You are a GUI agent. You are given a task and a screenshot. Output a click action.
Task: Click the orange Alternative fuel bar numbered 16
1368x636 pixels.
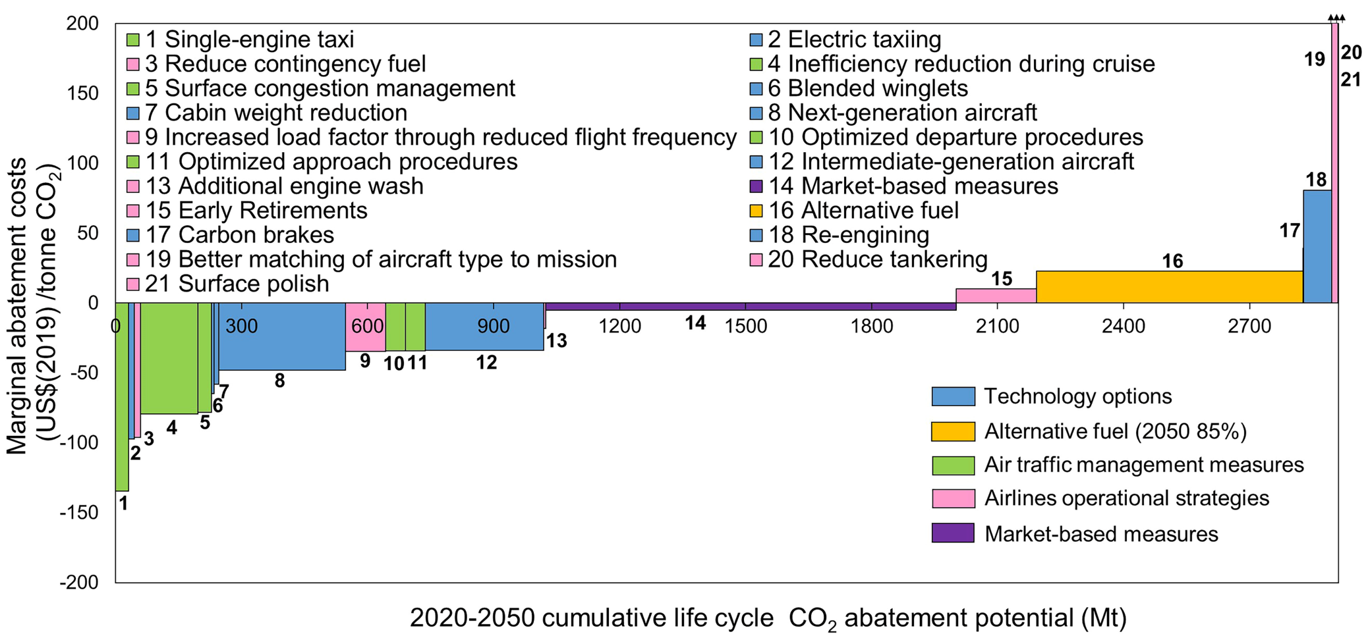coord(1169,287)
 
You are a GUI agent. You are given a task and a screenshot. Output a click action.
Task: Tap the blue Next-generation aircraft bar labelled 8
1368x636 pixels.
coord(281,336)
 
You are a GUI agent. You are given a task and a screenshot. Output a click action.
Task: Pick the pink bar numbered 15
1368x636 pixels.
coord(996,296)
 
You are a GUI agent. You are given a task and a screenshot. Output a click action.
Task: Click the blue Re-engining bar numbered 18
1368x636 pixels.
coord(1317,247)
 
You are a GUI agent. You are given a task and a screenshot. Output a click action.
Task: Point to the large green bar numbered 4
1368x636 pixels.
coord(169,358)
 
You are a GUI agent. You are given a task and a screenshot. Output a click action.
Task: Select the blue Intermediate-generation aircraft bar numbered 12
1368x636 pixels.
coord(484,327)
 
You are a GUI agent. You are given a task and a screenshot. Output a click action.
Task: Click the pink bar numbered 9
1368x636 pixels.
coord(365,327)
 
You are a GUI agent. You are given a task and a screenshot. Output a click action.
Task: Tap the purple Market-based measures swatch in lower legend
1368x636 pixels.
coord(953,533)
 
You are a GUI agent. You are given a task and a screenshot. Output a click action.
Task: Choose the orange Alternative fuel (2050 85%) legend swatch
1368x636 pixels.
coord(953,431)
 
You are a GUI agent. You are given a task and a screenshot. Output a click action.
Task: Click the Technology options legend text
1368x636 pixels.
coord(1077,396)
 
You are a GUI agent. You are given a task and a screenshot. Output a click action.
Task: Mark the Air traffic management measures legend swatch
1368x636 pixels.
coord(953,465)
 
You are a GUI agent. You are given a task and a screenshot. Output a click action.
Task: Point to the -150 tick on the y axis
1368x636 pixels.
coord(79,512)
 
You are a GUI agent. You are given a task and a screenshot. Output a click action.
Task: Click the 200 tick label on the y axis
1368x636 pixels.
coord(82,24)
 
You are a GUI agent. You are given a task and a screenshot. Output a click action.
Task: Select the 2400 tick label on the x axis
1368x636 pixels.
coord(1124,326)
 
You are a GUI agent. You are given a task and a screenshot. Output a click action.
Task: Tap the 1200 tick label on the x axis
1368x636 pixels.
coord(619,326)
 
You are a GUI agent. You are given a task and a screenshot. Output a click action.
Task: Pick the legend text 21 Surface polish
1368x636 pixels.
coord(237,284)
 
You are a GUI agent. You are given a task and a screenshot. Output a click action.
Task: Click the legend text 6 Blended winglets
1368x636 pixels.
coord(867,88)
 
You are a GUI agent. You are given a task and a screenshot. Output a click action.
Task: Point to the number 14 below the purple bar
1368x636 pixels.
coord(695,323)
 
